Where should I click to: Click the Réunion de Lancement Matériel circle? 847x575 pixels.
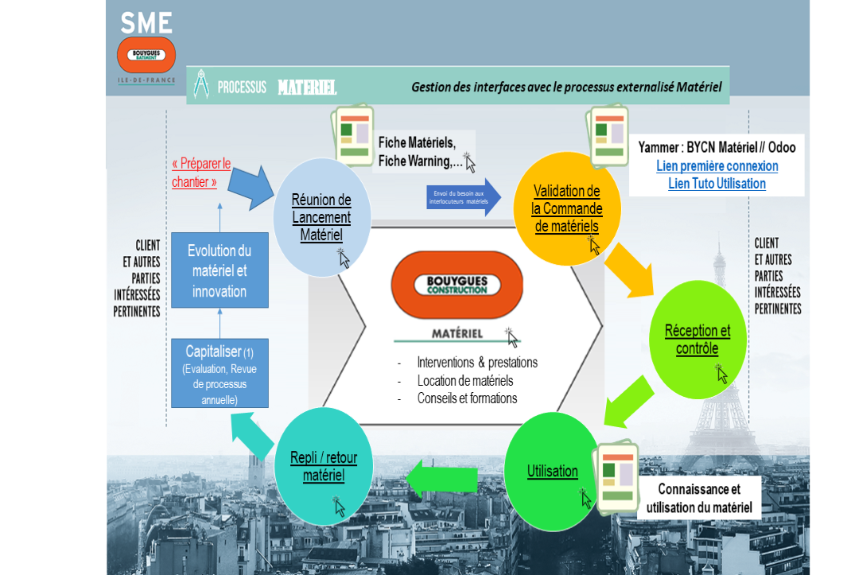tap(321, 216)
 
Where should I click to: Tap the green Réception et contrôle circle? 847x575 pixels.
tap(697, 340)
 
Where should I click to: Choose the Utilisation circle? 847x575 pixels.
tap(552, 470)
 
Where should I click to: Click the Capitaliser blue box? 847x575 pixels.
tap(220, 373)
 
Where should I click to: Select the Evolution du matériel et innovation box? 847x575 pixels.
tap(220, 270)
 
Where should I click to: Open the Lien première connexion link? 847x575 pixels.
tap(717, 166)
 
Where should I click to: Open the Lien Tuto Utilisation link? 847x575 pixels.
tap(717, 184)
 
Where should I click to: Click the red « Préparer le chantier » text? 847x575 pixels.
tap(201, 173)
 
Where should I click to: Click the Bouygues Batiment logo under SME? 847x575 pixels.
tap(146, 55)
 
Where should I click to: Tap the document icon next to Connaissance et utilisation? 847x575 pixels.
tap(616, 476)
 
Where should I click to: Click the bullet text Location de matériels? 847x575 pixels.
tap(465, 381)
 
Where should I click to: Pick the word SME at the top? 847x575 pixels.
tap(146, 23)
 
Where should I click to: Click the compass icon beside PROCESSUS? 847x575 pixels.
tap(202, 85)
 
